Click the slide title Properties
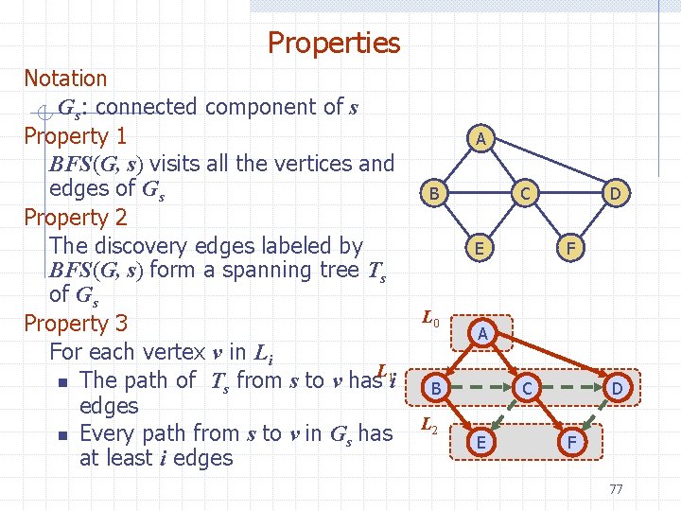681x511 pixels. tap(334, 43)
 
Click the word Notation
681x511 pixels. tap(65, 79)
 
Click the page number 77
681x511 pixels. tap(616, 489)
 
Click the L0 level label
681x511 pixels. tap(429, 319)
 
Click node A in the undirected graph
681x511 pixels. tap(481, 140)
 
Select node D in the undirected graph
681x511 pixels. tap(615, 194)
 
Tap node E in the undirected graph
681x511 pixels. tap(481, 249)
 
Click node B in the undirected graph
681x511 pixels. tap(434, 194)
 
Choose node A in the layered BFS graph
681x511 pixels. tap(482, 333)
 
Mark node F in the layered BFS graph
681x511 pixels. tap(569, 442)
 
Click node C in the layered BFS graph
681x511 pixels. tap(528, 388)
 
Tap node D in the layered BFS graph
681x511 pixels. tap(617, 388)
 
